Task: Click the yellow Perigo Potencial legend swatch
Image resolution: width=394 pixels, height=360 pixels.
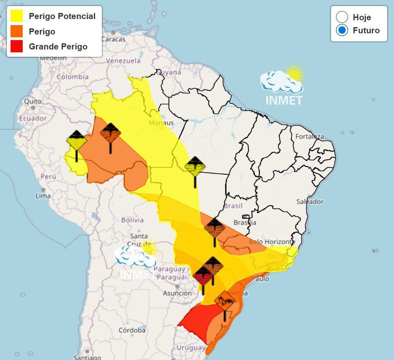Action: pyautogui.click(x=17, y=16)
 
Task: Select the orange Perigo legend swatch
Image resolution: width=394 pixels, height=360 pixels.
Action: pyautogui.click(x=17, y=31)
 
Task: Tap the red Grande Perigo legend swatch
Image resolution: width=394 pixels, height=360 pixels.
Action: pyautogui.click(x=17, y=46)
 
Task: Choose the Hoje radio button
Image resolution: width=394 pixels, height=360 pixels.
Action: pyautogui.click(x=342, y=17)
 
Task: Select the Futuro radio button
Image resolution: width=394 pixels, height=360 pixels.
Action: pyautogui.click(x=342, y=30)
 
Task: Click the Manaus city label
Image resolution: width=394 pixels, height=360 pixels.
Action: pyautogui.click(x=161, y=123)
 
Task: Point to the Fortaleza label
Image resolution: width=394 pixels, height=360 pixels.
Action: pyautogui.click(x=310, y=136)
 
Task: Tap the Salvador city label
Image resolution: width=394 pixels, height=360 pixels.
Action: pyautogui.click(x=310, y=201)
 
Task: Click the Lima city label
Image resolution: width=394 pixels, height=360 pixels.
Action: pyautogui.click(x=43, y=196)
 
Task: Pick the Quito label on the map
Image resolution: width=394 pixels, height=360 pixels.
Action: pyautogui.click(x=33, y=101)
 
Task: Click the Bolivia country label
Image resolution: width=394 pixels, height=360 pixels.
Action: pyautogui.click(x=132, y=220)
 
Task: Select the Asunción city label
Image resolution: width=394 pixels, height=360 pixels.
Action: pyautogui.click(x=177, y=293)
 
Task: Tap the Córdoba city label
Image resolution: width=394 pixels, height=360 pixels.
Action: pyautogui.click(x=132, y=330)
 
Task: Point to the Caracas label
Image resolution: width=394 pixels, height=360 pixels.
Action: pyautogui.click(x=113, y=39)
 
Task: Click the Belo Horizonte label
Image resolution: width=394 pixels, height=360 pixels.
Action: pyautogui.click(x=272, y=242)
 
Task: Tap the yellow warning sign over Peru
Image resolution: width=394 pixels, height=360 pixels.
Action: pyautogui.click(x=77, y=142)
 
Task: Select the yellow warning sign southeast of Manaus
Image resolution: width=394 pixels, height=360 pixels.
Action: pyautogui.click(x=195, y=167)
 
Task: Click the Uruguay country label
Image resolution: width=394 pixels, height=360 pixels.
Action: pyautogui.click(x=191, y=348)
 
